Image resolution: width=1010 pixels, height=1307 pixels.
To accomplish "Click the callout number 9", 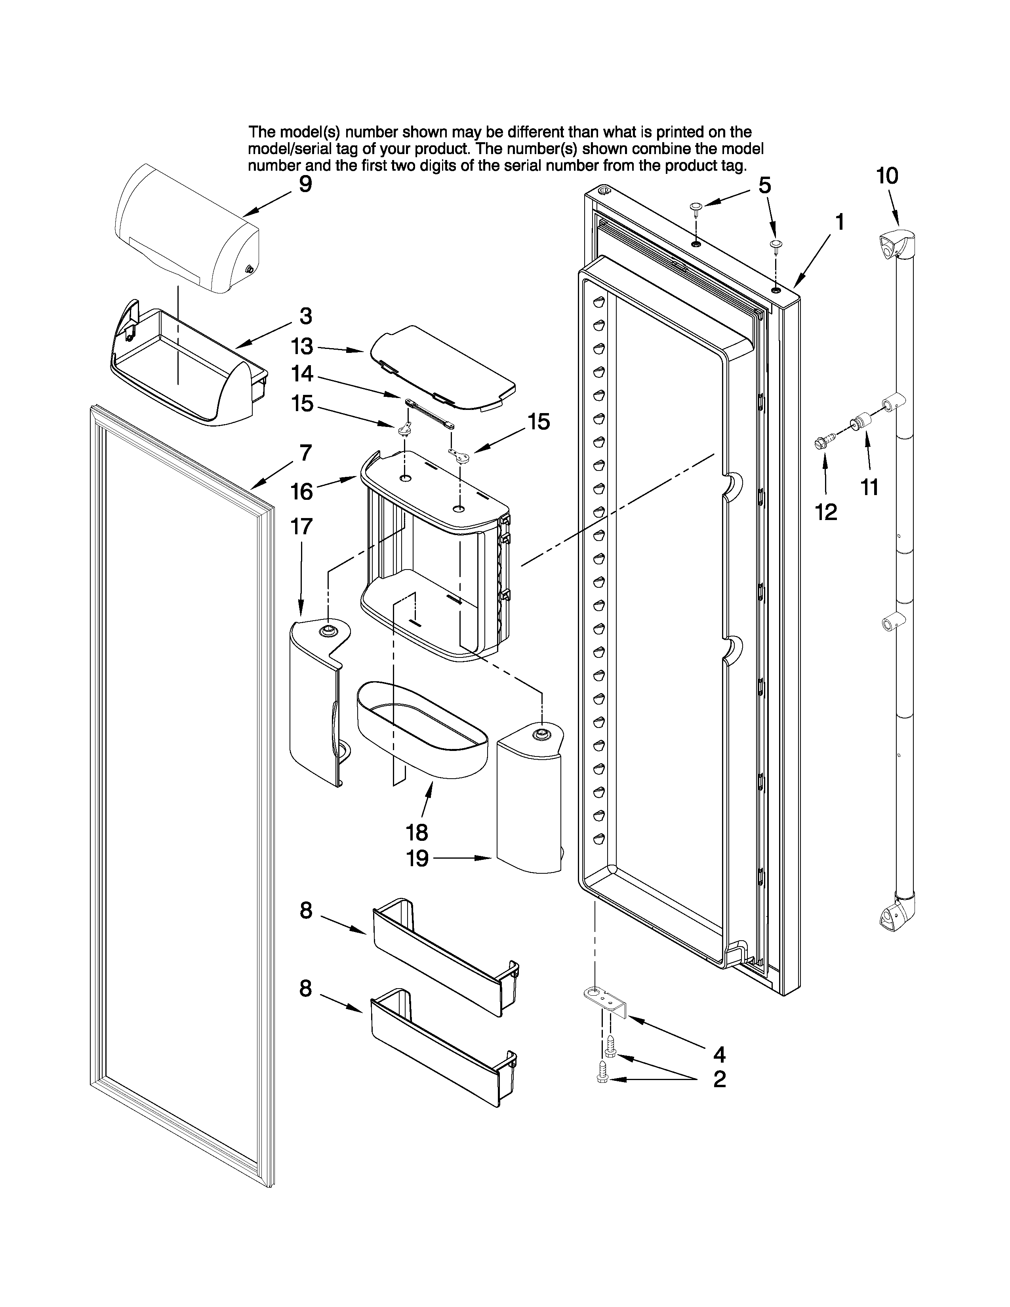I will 305,184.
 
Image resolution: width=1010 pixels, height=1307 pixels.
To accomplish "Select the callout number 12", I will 826,512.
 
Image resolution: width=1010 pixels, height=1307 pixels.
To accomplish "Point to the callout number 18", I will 417,833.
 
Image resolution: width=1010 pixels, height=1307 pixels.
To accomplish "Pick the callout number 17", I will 301,527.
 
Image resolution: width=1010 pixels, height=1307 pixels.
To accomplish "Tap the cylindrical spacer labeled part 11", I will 862,421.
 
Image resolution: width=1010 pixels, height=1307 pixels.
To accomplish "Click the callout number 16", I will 301,492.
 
